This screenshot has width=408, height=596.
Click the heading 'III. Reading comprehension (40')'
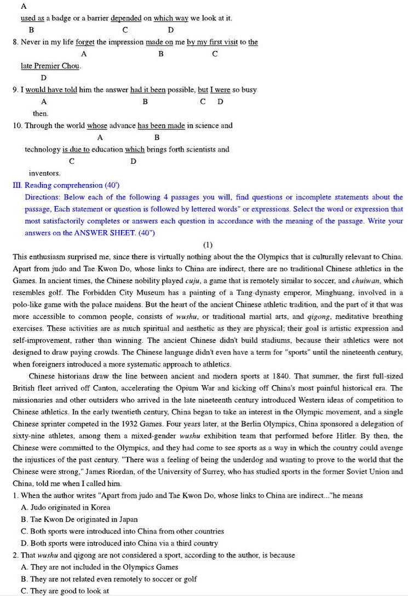66,185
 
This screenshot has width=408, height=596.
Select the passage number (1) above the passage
208,245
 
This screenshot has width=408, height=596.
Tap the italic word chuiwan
369,280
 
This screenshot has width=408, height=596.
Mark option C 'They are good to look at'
65,591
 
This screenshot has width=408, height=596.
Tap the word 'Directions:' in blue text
42,197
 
